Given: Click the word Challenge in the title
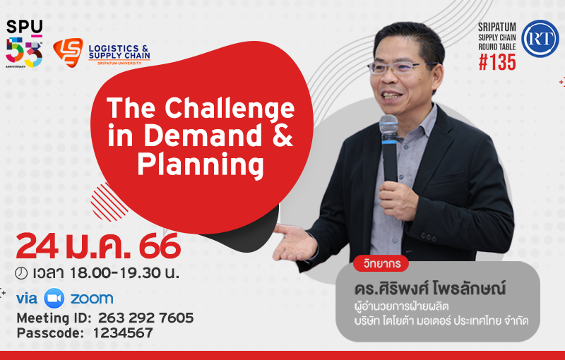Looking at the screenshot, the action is tap(230, 109).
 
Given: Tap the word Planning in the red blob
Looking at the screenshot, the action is tap(201, 165).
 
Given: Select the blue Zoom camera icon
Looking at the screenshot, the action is tap(54, 299).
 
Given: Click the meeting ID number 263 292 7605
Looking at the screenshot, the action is tap(146, 318).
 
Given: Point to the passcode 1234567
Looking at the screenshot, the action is tap(123, 333).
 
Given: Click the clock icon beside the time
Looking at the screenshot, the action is tap(21, 274).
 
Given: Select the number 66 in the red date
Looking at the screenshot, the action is tap(160, 246).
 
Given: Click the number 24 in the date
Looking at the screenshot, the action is tap(37, 246).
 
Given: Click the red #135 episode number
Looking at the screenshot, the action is tap(497, 62).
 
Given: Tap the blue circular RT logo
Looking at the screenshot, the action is tap(540, 39).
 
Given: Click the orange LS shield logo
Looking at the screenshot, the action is tap(68, 52).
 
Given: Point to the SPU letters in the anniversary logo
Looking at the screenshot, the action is tap(24, 27).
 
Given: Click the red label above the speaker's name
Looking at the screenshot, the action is tap(381, 263).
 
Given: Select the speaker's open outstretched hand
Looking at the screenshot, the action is tap(295, 242).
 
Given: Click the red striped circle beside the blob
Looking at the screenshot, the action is tap(108, 203).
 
